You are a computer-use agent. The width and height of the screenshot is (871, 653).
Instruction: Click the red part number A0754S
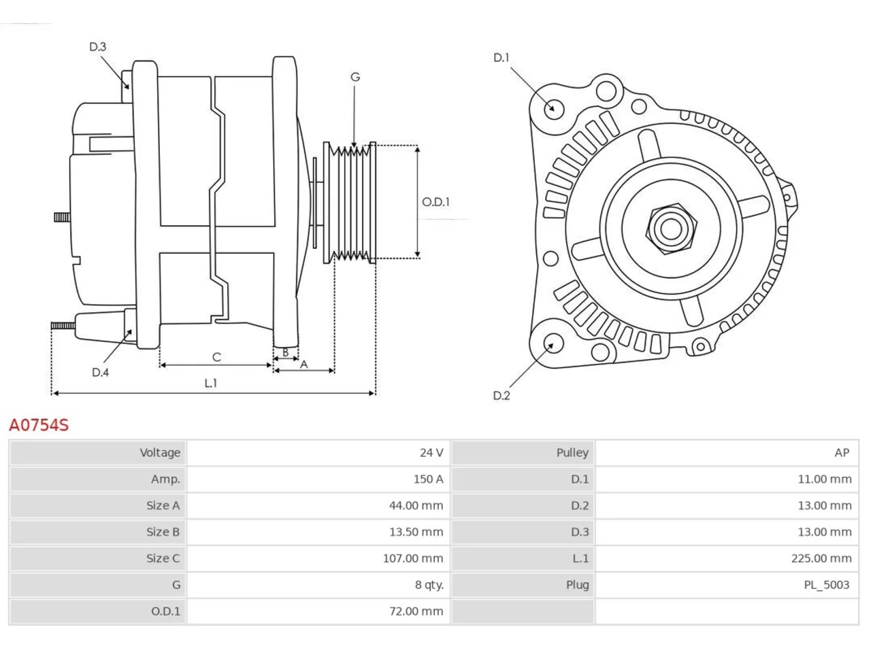pyautogui.click(x=39, y=425)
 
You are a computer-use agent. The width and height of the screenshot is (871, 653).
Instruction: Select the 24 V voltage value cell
pyautogui.click(x=431, y=452)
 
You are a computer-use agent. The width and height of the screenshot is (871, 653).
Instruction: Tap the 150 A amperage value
pyautogui.click(x=428, y=479)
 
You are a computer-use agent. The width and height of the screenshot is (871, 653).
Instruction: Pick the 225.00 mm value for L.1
pyautogui.click(x=821, y=558)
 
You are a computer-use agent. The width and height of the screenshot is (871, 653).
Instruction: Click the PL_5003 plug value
pyautogui.click(x=826, y=585)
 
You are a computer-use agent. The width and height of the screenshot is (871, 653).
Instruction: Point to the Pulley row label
pyautogui.click(x=572, y=453)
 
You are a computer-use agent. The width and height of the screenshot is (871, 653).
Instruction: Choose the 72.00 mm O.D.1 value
pyautogui.click(x=416, y=611)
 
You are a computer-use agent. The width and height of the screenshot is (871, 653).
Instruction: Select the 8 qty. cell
pyautogui.click(x=429, y=585)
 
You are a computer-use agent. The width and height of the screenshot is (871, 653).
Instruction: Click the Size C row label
pyautogui.click(x=163, y=558)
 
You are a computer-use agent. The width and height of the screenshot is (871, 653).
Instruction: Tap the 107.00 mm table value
pyautogui.click(x=412, y=558)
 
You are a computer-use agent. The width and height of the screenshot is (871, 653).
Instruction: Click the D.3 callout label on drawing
pyautogui.click(x=97, y=47)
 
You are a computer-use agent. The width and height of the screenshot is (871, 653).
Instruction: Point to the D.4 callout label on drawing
pyautogui.click(x=100, y=372)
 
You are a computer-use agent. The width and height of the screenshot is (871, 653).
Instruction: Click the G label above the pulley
pyautogui.click(x=355, y=77)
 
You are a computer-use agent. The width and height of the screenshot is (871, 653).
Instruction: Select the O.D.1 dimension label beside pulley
pyautogui.click(x=435, y=202)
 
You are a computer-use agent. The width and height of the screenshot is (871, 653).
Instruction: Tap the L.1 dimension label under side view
pyautogui.click(x=211, y=383)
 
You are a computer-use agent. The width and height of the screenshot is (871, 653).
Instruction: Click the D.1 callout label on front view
pyautogui.click(x=502, y=58)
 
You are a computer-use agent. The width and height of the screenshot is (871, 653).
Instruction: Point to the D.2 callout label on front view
pyautogui.click(x=502, y=395)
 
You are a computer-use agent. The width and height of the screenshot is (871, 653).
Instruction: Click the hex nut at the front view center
pyautogui.click(x=671, y=229)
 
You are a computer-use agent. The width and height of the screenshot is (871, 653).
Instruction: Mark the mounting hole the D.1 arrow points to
pyautogui.click(x=554, y=108)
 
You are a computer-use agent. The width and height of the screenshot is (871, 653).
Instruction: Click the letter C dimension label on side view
pyautogui.click(x=216, y=357)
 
